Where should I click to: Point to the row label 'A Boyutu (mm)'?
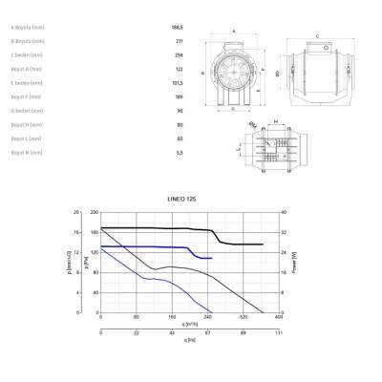tap(26, 29)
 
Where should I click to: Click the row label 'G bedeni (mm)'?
tap(26, 112)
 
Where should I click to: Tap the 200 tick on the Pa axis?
tap(95, 212)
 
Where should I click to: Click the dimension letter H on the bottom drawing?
tap(275, 122)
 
